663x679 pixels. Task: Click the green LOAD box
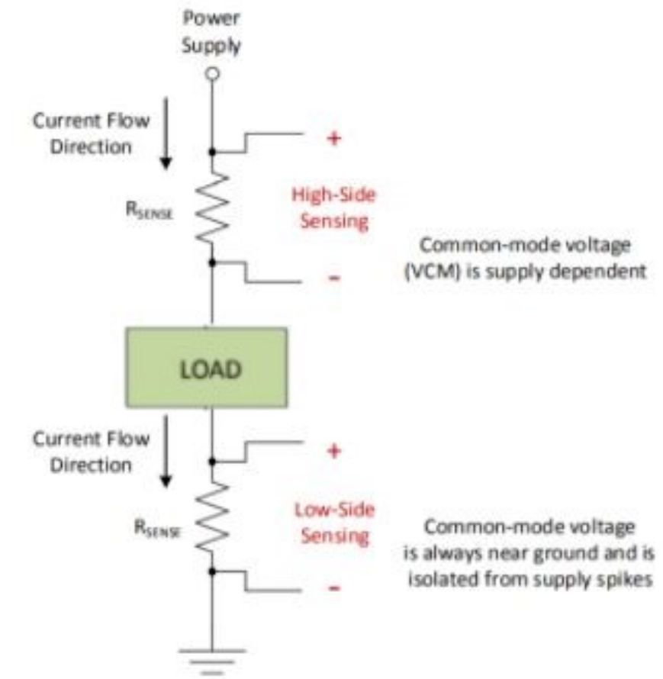[x=208, y=368]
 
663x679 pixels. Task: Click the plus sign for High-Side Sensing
[x=333, y=139]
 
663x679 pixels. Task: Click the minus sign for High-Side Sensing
[x=333, y=278]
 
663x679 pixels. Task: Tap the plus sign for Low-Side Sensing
[x=333, y=451]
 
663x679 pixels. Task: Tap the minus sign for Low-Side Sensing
[x=333, y=588]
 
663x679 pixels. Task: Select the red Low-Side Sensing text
[x=334, y=523]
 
